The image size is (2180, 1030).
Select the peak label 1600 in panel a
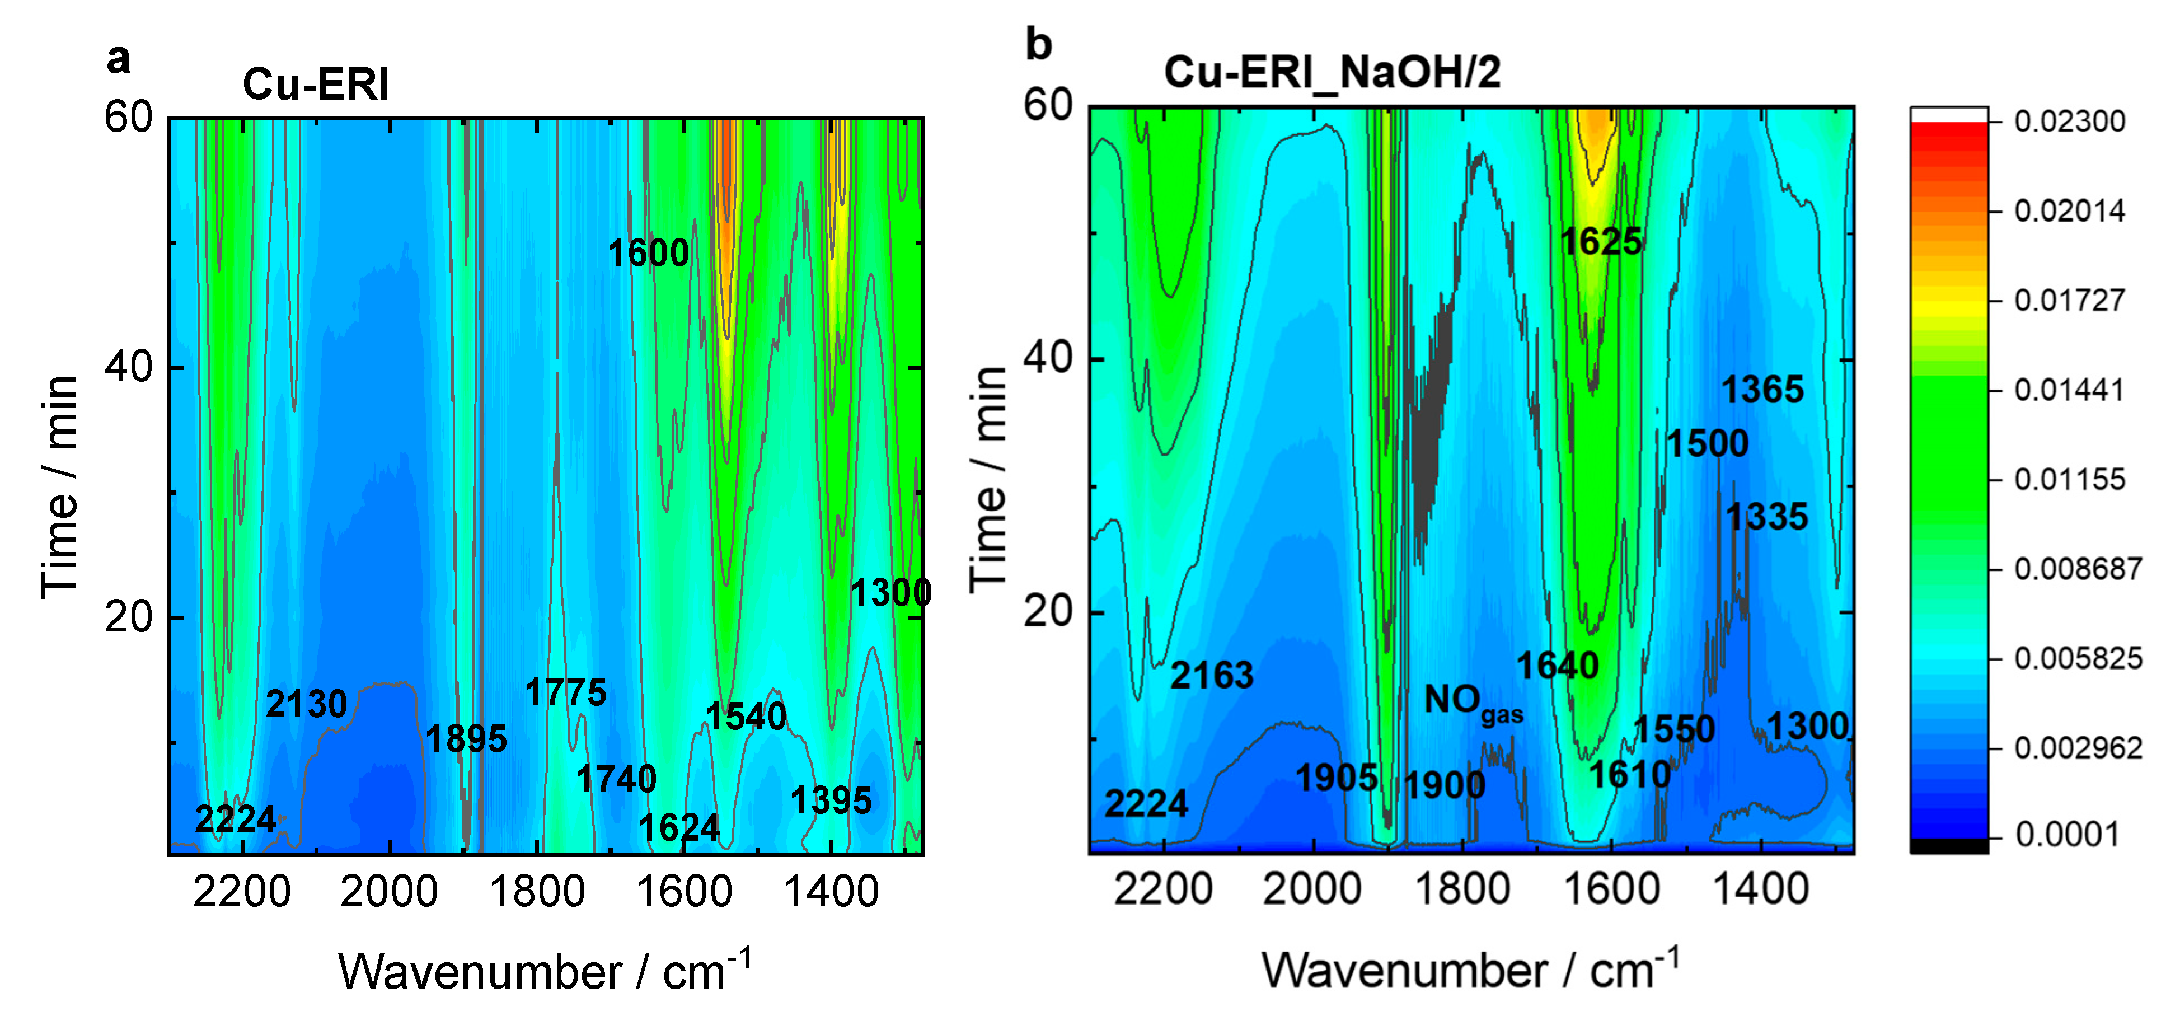(x=648, y=253)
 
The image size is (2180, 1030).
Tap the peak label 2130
(x=306, y=704)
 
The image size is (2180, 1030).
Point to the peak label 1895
(x=466, y=739)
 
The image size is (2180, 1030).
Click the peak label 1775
(x=565, y=693)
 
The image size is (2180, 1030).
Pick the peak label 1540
(x=746, y=717)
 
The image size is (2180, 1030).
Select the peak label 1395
(x=831, y=800)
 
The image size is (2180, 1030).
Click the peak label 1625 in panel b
(x=1601, y=242)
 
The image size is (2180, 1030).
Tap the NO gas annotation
(x=1473, y=703)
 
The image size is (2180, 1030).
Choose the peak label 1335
(x=1767, y=517)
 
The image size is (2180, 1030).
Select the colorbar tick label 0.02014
(x=2069, y=210)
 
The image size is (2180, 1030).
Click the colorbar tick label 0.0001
(x=2055, y=835)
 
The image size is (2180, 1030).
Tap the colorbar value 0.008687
(x=2078, y=569)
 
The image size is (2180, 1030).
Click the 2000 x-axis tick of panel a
(x=388, y=893)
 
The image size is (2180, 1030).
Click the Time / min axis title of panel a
(x=59, y=486)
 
